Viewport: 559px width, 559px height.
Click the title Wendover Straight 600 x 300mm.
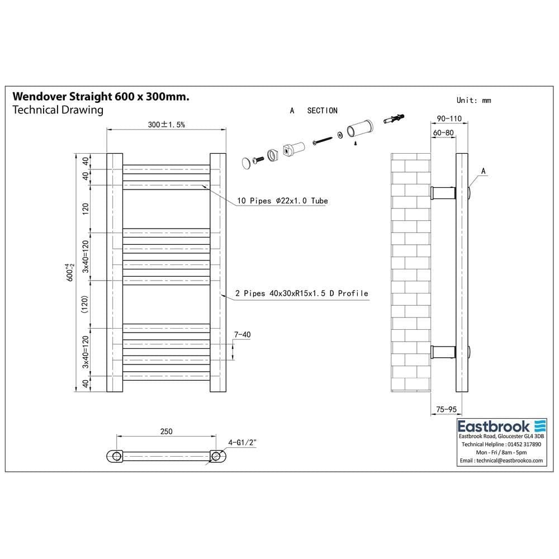point(101,97)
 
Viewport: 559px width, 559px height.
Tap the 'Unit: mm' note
point(473,101)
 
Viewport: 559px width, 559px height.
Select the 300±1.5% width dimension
point(166,125)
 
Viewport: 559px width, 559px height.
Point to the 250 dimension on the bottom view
point(166,431)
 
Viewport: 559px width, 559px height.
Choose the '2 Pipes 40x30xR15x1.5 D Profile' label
point(302,293)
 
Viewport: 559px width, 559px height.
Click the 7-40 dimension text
point(242,335)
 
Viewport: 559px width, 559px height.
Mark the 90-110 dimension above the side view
point(449,119)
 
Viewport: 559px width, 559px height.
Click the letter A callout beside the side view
point(483,171)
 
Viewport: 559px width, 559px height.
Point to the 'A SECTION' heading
point(314,111)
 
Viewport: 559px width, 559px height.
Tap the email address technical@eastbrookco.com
point(501,461)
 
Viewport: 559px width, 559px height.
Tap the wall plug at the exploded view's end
point(394,119)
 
